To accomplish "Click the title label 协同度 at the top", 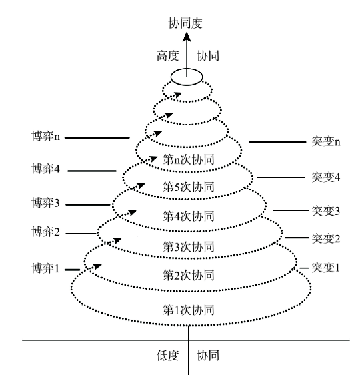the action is [x=185, y=23].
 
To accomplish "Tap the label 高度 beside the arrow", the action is [x=168, y=56].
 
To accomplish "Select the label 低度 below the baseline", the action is [x=168, y=356].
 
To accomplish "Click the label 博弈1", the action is [x=45, y=268].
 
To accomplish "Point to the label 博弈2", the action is [x=45, y=232].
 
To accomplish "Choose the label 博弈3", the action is [x=45, y=203].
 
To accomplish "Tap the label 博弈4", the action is [x=45, y=169].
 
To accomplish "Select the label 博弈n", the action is [x=46, y=136].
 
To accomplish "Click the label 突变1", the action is [x=325, y=268].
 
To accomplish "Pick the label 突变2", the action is [x=326, y=238].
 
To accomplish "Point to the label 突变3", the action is [x=326, y=211].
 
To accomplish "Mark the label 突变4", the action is [x=326, y=177].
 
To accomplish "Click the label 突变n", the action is [x=326, y=141].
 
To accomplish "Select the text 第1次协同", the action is [x=188, y=310].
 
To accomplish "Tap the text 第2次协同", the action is [x=188, y=275].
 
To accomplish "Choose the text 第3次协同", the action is [x=188, y=246].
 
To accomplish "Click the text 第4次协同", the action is [x=188, y=216].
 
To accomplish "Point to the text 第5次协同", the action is [x=188, y=187].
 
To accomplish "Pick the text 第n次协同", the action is [x=188, y=159].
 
